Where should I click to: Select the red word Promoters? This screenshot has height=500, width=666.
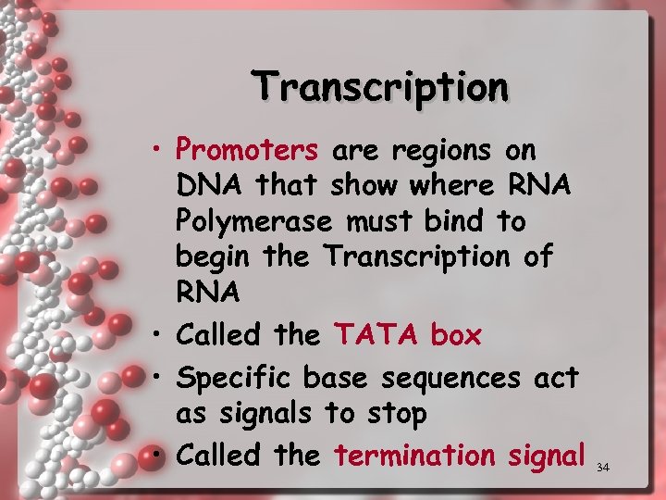click(x=247, y=148)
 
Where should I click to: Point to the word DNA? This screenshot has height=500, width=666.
click(x=206, y=186)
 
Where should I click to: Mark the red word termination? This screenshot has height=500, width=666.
click(x=415, y=455)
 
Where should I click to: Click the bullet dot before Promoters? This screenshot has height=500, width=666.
click(x=160, y=148)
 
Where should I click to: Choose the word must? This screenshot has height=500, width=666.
click(x=376, y=222)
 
